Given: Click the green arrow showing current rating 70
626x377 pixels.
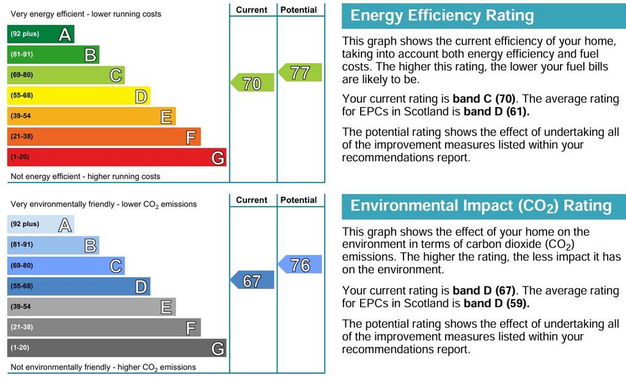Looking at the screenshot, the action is [252, 82].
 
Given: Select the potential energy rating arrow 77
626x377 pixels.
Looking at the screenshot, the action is [300, 73].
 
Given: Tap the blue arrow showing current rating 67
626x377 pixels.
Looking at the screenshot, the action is [252, 280].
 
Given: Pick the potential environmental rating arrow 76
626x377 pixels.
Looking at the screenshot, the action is [300, 264].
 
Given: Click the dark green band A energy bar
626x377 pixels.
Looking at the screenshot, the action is [41, 34].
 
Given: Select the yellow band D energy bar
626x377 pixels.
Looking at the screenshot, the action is [79, 96].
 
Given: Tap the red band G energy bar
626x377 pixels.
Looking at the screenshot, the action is [117, 157].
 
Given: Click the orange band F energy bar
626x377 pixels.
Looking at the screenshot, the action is [104, 137].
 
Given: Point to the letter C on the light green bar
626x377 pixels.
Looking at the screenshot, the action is [116, 75].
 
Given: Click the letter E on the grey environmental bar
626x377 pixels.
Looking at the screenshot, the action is [166, 307].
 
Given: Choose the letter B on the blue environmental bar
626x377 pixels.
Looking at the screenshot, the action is [90, 246].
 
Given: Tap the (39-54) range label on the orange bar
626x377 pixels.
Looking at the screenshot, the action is [21, 116].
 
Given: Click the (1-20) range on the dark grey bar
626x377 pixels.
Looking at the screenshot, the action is [20, 348].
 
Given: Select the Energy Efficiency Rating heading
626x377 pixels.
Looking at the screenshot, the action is [442, 15].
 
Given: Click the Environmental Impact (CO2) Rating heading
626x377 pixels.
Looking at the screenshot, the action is [481, 206].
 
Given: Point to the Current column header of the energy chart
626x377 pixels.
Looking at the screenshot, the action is [251, 10].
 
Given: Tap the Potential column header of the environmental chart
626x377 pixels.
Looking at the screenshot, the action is [298, 200].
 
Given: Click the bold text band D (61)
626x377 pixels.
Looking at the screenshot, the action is [496, 111].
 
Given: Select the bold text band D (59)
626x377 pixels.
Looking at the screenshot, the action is [496, 303].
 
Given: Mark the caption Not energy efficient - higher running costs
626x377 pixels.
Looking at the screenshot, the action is [86, 177].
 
